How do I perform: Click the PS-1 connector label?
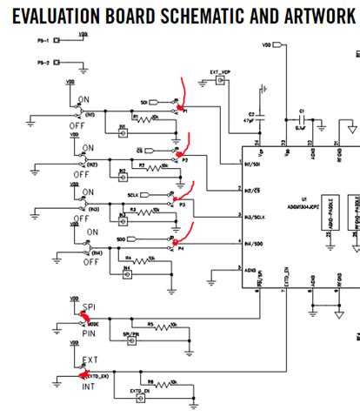pyautogui.click(x=43, y=40)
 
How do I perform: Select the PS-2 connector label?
pyautogui.click(x=43, y=63)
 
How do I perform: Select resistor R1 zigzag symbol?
pyautogui.click(x=143, y=116)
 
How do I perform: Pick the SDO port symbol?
pyautogui.click(x=155, y=239)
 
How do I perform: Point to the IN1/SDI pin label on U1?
pyautogui.click(x=255, y=163)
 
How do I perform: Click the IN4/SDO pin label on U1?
pyautogui.click(x=255, y=243)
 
